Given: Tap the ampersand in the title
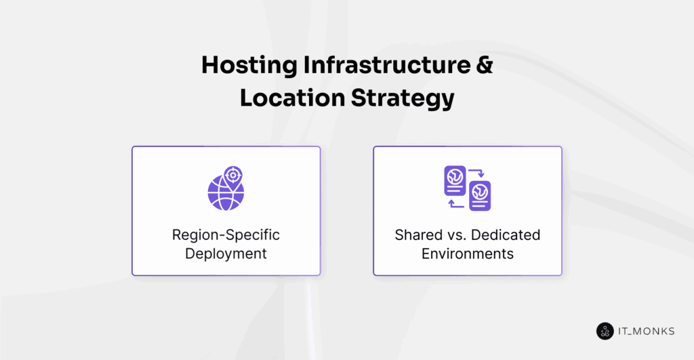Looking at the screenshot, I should tap(481, 66).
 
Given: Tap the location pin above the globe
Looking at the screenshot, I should tap(234, 176).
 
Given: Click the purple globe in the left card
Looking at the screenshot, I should tap(224, 193).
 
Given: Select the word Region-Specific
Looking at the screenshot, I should tap(226, 235).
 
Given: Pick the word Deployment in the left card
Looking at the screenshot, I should tap(226, 254).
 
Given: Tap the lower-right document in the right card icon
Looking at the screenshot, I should tap(480, 195).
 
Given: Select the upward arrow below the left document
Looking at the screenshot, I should tap(453, 202).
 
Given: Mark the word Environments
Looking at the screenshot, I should tap(468, 254).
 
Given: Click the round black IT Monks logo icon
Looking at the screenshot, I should tap(605, 331).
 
